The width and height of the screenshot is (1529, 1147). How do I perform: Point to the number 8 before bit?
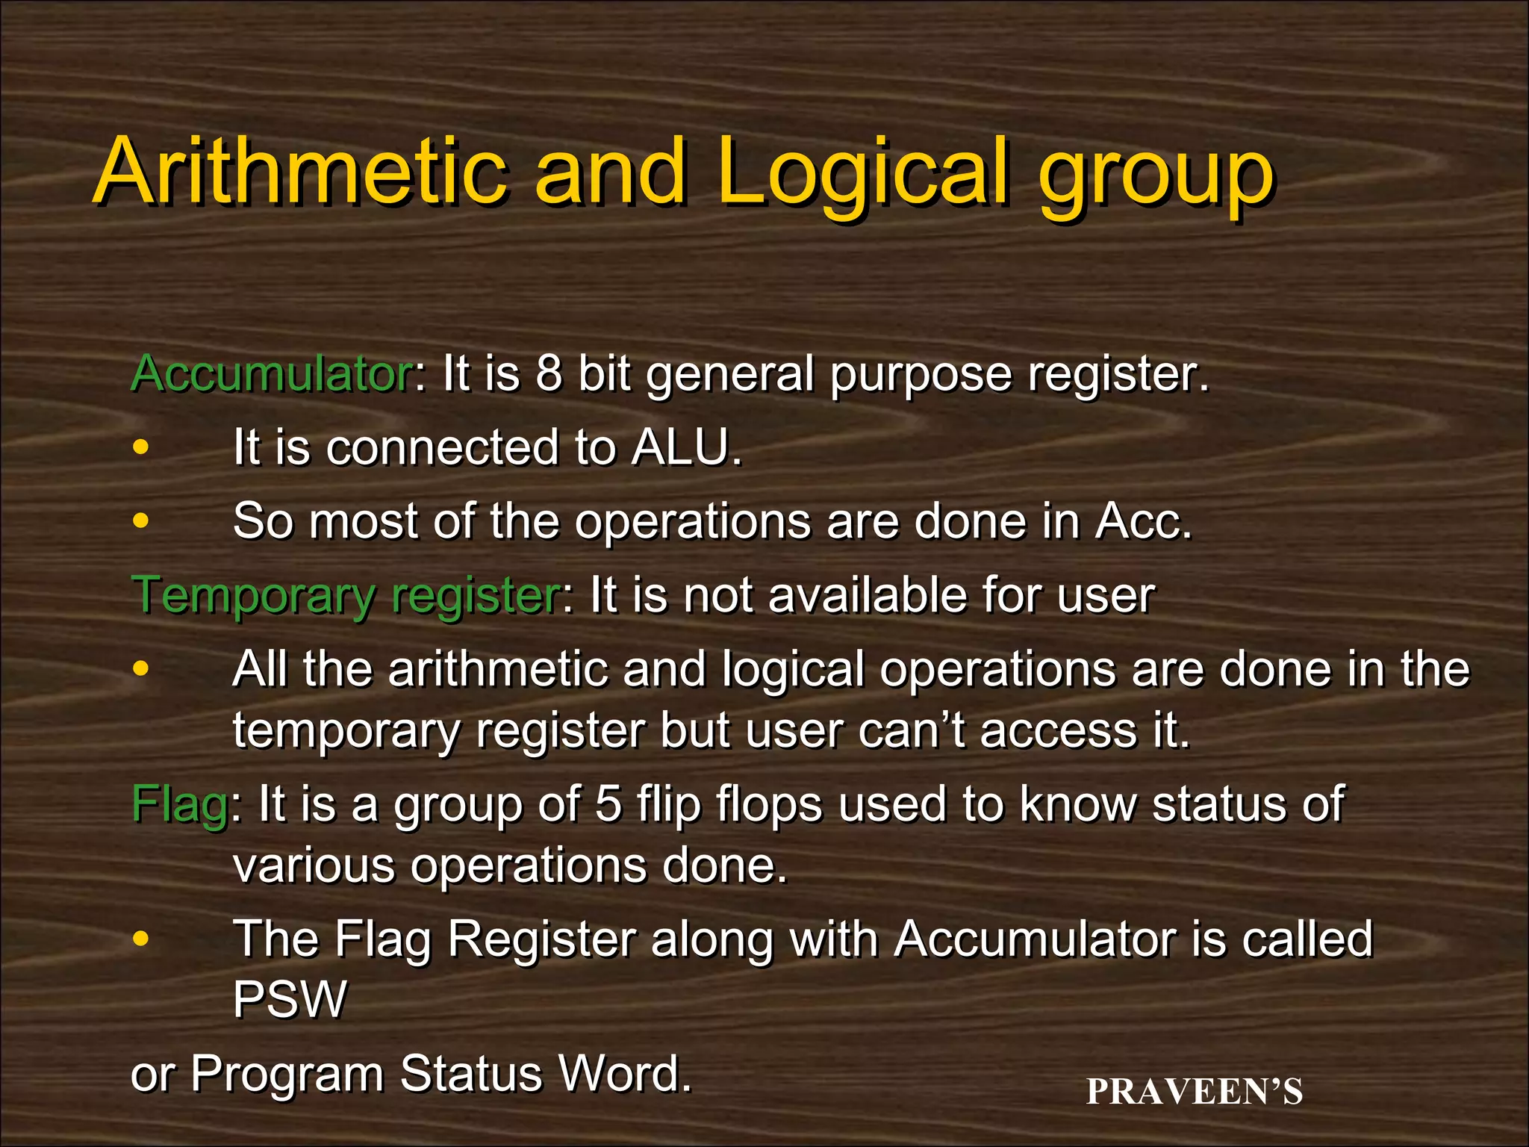click(x=548, y=373)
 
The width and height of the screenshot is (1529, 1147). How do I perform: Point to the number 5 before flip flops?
click(x=608, y=804)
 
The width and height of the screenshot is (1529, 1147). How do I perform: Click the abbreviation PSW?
click(x=290, y=998)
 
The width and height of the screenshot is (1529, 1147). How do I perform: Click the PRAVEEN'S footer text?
click(x=1195, y=1092)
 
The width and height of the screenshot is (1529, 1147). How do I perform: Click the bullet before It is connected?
click(x=140, y=448)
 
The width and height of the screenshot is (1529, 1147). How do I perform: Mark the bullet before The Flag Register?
click(x=140, y=939)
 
